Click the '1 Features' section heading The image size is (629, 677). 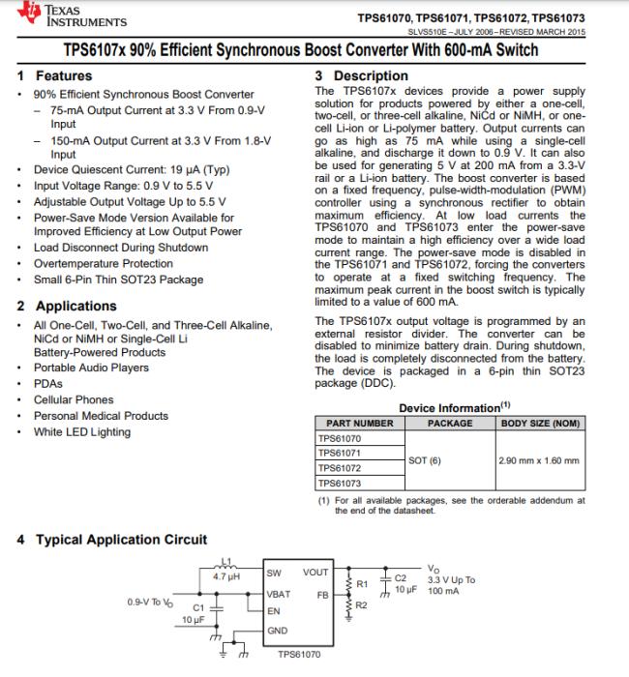point(55,75)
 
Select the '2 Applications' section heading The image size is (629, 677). point(66,306)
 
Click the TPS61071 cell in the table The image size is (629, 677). point(340,453)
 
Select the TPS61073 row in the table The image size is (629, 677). point(340,482)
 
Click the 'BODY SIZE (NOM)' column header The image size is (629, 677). point(539,424)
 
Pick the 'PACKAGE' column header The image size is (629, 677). point(450,424)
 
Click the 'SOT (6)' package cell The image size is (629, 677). point(425,460)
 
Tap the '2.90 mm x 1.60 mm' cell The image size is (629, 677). point(537,460)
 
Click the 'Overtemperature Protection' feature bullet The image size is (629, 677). point(104,263)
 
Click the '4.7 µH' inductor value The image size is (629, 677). point(225,577)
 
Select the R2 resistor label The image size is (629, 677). point(363,604)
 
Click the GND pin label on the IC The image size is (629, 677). point(279,630)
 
